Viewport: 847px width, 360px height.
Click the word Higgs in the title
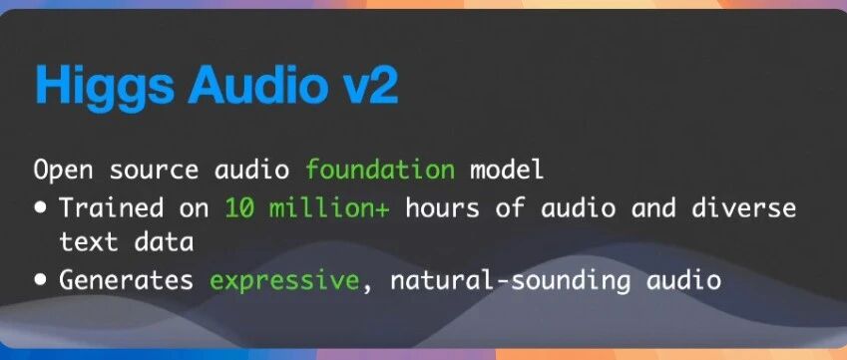105,87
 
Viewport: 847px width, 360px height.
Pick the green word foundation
380,170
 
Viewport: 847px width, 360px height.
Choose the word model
506,170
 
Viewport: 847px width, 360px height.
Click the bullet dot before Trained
41,208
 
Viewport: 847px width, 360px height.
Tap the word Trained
112,207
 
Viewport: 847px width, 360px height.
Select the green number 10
239,207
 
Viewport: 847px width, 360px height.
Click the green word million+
329,207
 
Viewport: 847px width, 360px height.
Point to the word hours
442,207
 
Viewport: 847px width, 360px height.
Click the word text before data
88,242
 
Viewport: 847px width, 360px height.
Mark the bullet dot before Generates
41,280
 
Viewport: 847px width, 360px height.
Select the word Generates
126,280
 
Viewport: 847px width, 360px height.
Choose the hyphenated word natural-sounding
510,281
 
